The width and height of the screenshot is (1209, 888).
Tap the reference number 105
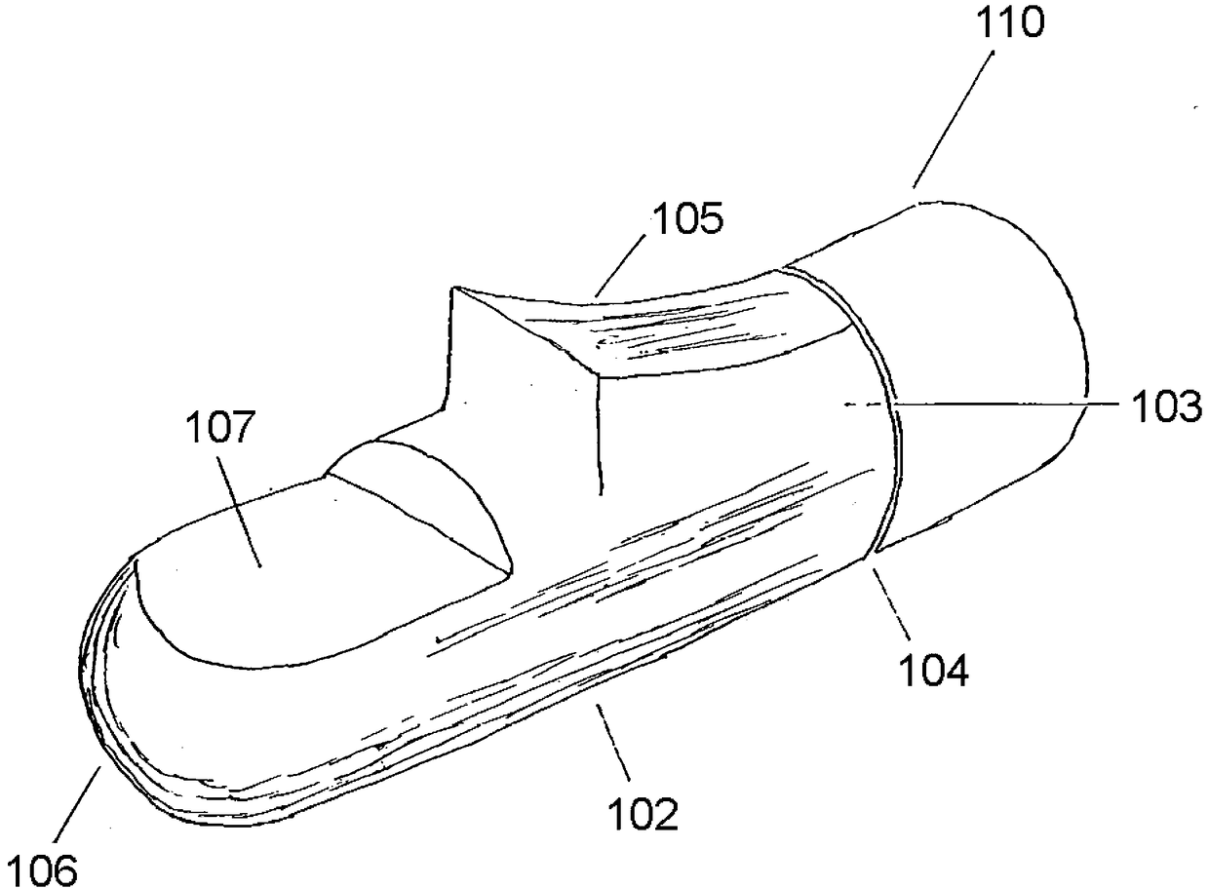(x=688, y=220)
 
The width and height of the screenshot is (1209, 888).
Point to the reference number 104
(x=934, y=671)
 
